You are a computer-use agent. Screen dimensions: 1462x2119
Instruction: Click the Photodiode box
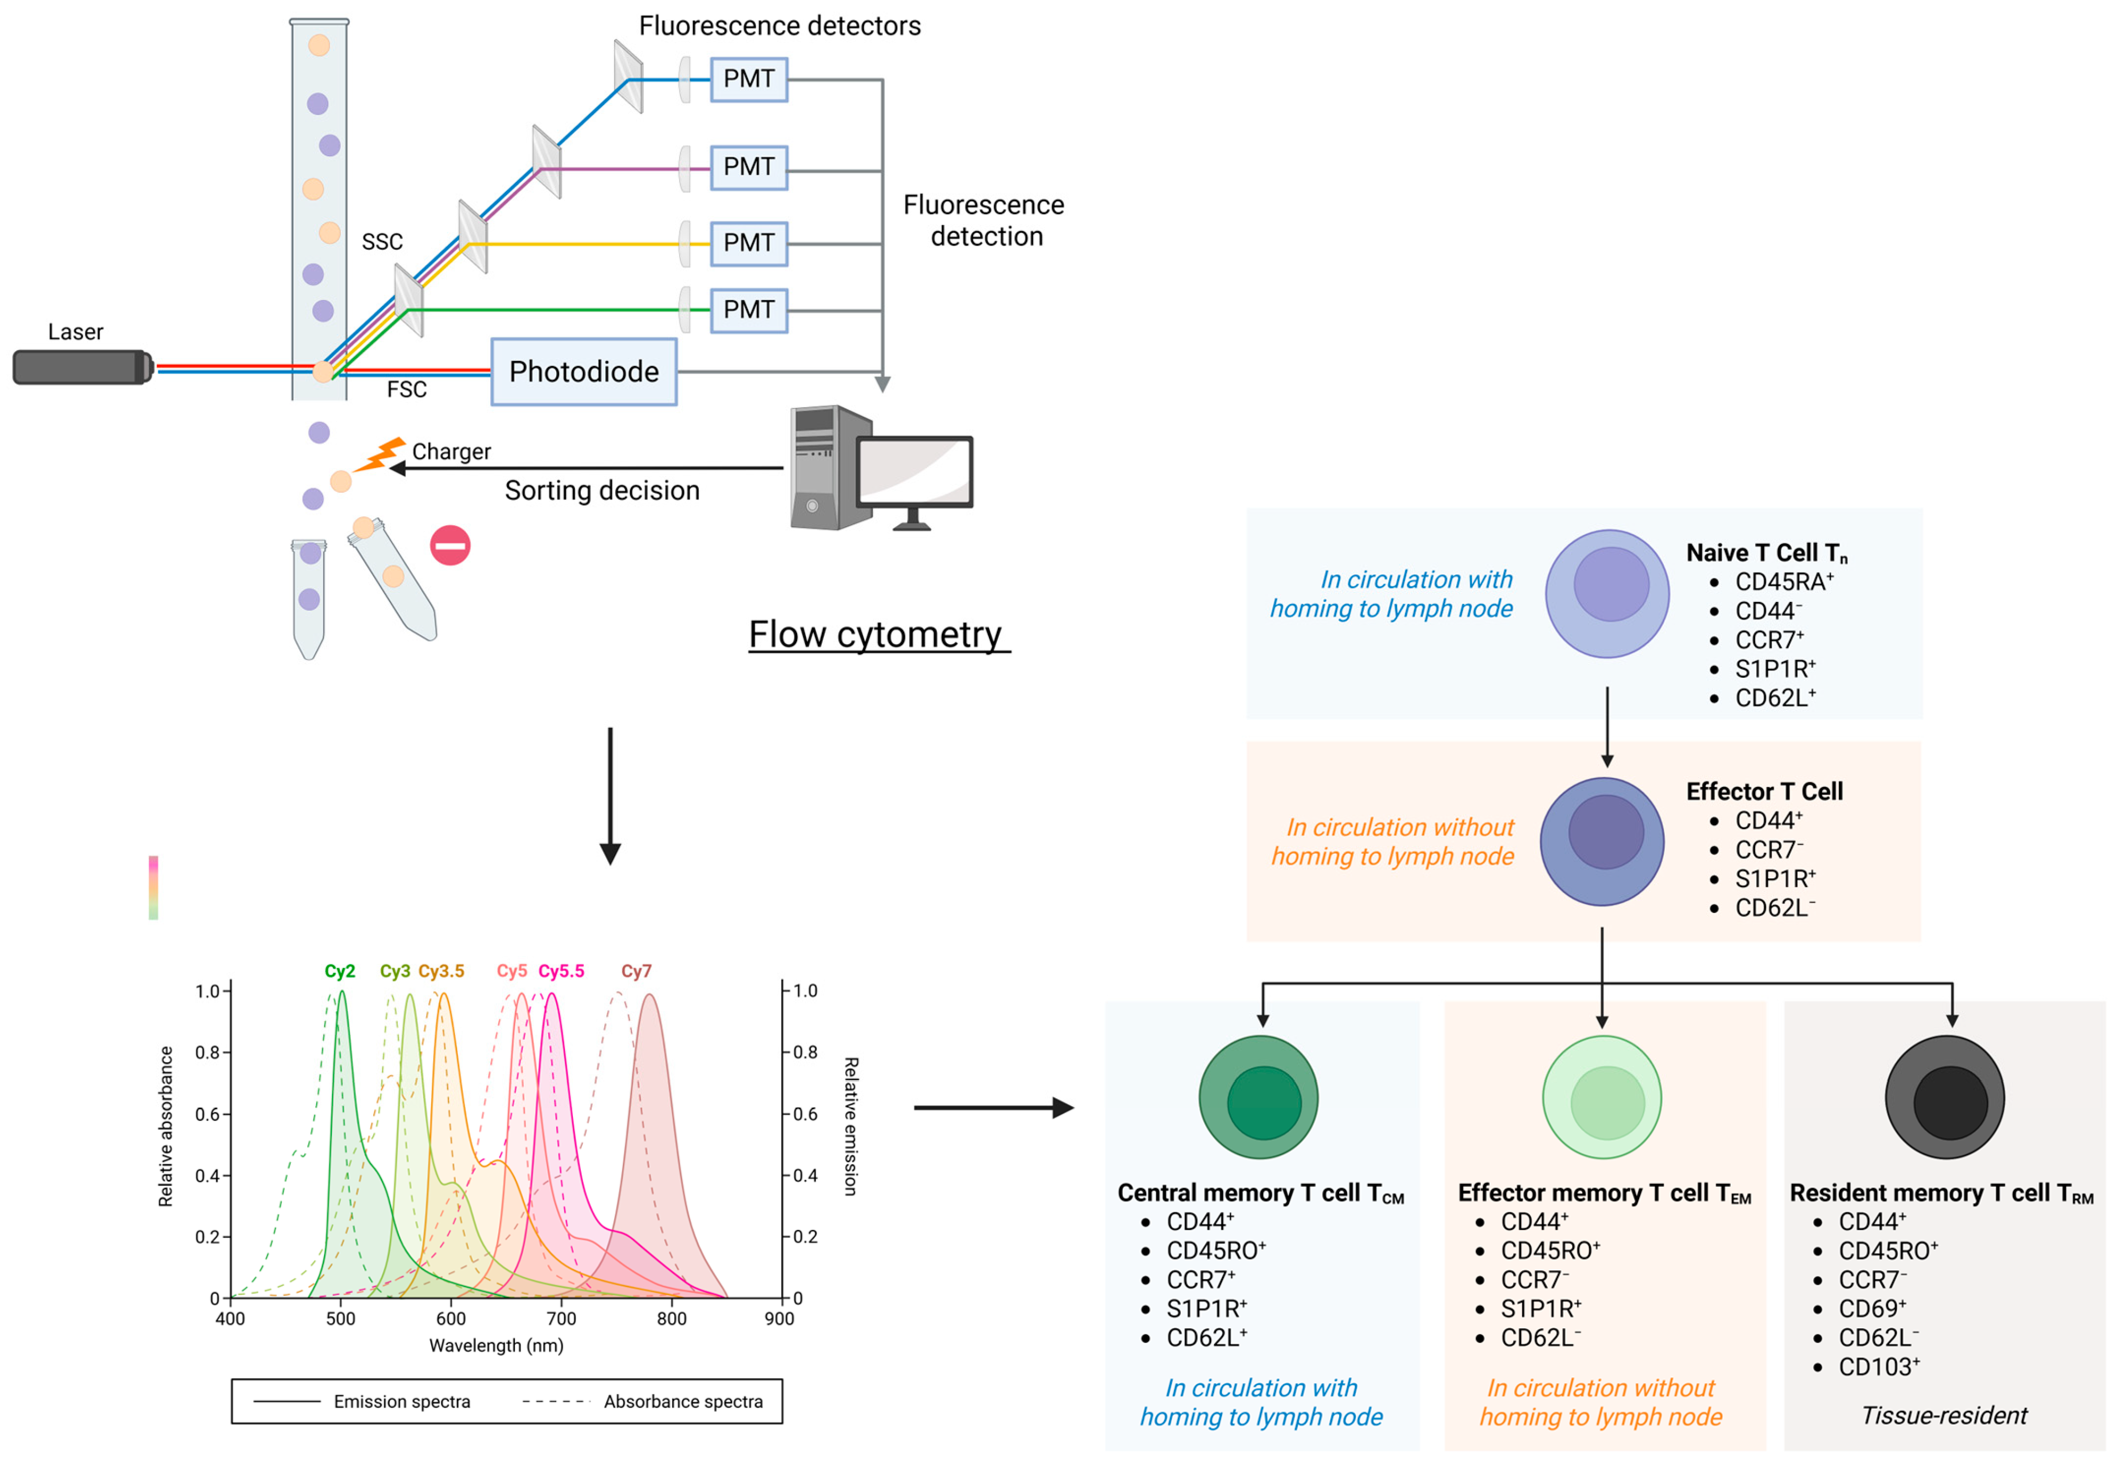click(583, 372)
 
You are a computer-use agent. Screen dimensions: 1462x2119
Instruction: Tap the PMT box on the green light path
click(748, 310)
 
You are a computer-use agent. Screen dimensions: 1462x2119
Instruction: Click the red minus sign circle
click(450, 546)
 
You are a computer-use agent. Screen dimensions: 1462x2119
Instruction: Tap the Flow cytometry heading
click(877, 635)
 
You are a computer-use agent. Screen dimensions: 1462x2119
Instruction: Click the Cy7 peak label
click(636, 971)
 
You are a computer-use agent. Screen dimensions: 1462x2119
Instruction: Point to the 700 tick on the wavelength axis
click(561, 1319)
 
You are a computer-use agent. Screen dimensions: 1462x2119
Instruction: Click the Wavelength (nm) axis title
click(496, 1345)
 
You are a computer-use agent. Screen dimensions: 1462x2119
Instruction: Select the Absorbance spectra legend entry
click(683, 1401)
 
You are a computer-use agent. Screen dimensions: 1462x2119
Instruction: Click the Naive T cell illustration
click(1607, 594)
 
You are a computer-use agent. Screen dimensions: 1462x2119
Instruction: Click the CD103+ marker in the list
click(1878, 1367)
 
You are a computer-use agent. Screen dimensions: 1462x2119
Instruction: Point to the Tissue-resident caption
click(1944, 1416)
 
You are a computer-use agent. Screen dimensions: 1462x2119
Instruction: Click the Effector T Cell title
click(1764, 792)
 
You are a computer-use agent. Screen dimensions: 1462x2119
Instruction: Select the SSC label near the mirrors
click(382, 242)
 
